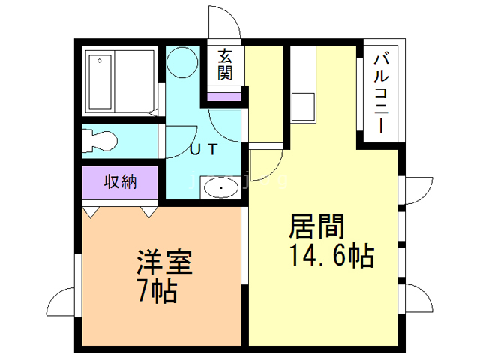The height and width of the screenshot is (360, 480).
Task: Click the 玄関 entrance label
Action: pyautogui.click(x=226, y=64)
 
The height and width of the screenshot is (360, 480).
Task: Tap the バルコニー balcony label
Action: pyautogui.click(x=380, y=90)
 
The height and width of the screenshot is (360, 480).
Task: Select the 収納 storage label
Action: pyautogui.click(x=120, y=181)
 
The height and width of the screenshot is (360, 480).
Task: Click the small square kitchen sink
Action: pyautogui.click(x=304, y=106)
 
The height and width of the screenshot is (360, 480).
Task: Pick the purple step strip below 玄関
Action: pyautogui.click(x=226, y=95)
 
